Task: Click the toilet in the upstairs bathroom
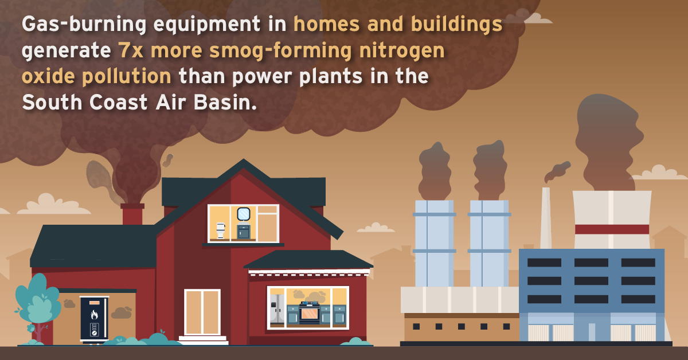point(221,230)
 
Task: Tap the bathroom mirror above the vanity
point(244,214)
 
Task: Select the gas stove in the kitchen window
point(310,312)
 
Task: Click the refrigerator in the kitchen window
point(276,310)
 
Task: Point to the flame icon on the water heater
point(94,315)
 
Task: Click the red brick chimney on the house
point(132,214)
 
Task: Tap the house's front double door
point(202,312)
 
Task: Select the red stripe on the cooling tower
point(612,229)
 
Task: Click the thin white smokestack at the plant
point(546,218)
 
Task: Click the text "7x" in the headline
point(131,50)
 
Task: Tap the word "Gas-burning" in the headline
point(84,24)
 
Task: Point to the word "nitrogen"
point(402,51)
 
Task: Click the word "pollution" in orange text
point(127,76)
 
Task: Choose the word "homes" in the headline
point(326,24)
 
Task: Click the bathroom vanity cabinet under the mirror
point(244,232)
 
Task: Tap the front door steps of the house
point(204,340)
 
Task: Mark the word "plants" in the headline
point(331,77)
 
